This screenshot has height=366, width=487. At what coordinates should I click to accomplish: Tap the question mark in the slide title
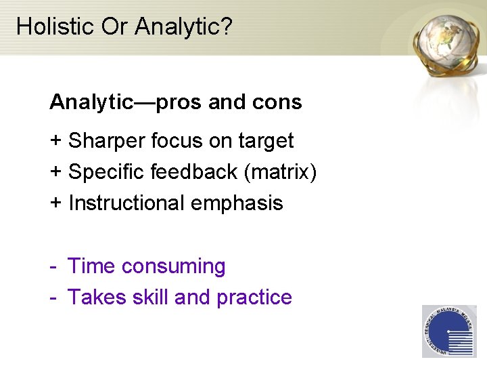227,26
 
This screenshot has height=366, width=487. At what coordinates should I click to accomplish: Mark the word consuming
173,267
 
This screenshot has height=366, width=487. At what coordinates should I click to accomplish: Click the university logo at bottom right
448,331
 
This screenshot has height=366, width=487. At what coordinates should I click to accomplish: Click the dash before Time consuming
53,267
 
